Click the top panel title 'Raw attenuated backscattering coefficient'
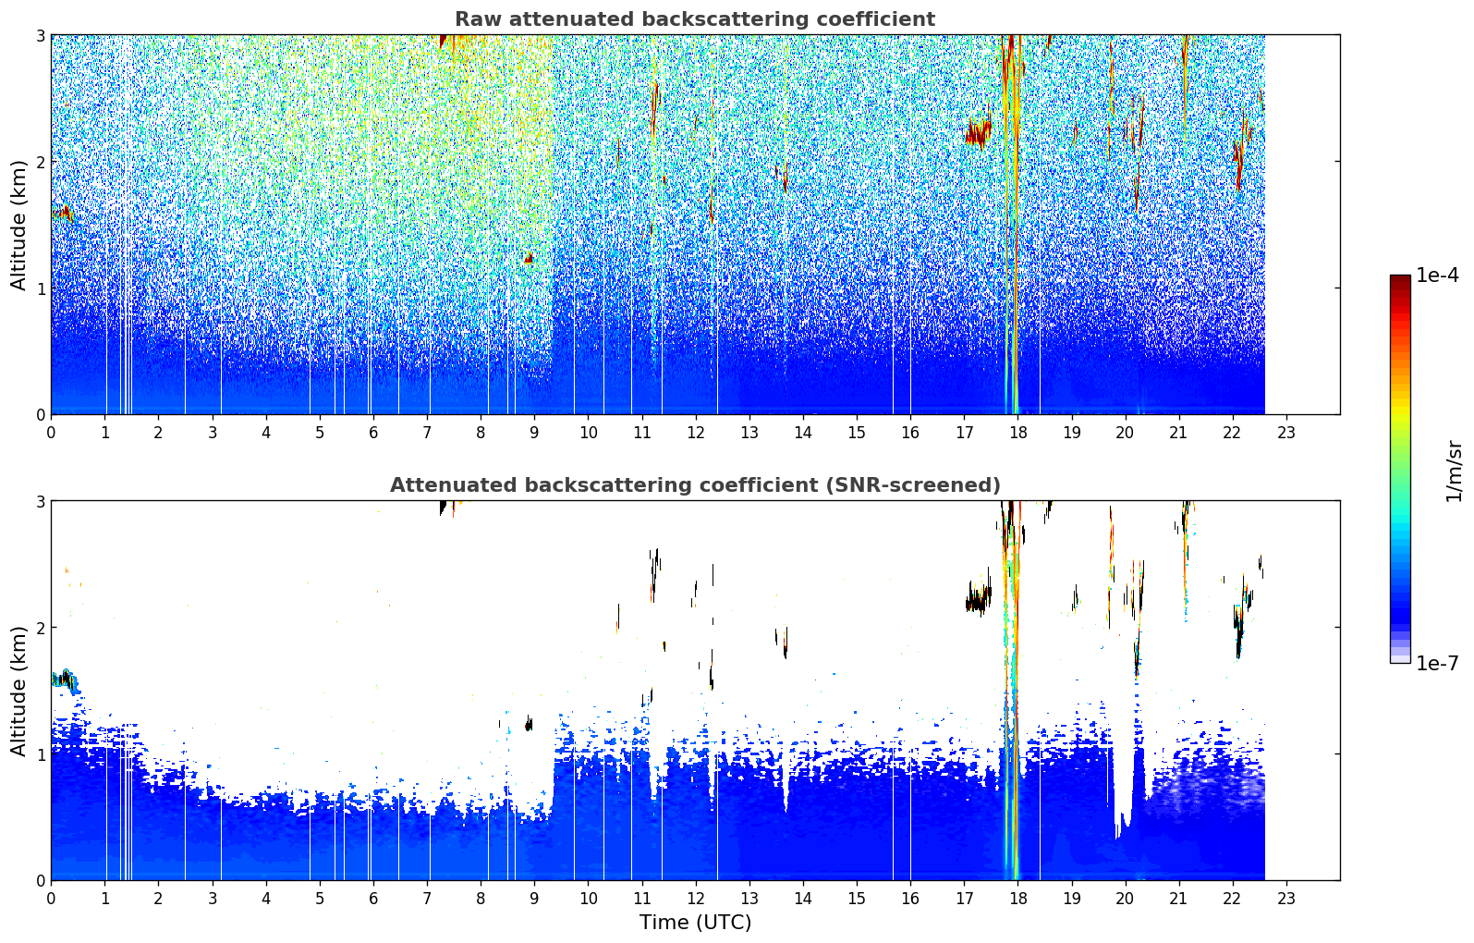pyautogui.click(x=695, y=19)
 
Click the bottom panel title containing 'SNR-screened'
pyautogui.click(x=695, y=484)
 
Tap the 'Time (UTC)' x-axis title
pyautogui.click(x=695, y=922)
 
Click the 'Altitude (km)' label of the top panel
pyautogui.click(x=18, y=225)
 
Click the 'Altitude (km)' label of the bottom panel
pyautogui.click(x=18, y=690)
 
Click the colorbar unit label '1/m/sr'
pyautogui.click(x=1455, y=471)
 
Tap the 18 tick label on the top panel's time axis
pyautogui.click(x=1018, y=433)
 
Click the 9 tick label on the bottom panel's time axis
pyautogui.click(x=534, y=899)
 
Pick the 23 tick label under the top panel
pyautogui.click(x=1286, y=433)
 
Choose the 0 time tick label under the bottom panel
pyautogui.click(x=52, y=899)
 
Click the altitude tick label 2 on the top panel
pyautogui.click(x=40, y=162)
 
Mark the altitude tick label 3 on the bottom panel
pyautogui.click(x=40, y=501)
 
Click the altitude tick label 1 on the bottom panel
pyautogui.click(x=40, y=754)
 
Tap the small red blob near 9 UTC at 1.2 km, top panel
pyautogui.click(x=529, y=258)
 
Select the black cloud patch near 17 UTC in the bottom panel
pyautogui.click(x=979, y=599)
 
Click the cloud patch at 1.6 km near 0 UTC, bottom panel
pyautogui.click(x=65, y=680)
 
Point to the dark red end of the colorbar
pyautogui.click(x=1400, y=279)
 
